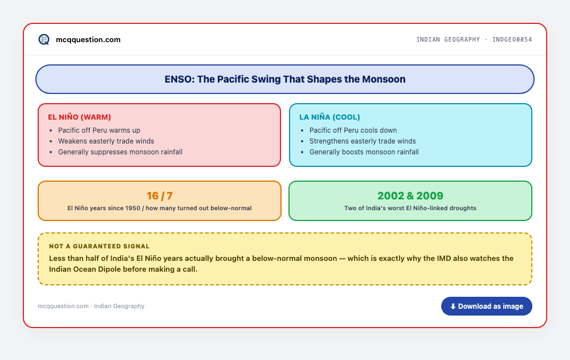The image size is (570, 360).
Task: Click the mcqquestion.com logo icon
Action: (x=44, y=39)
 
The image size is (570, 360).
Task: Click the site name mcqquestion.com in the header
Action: (x=88, y=40)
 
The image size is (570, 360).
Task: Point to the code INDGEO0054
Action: (x=512, y=39)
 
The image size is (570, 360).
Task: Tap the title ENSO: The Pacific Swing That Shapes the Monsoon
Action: (x=285, y=79)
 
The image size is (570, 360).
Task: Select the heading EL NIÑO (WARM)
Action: (x=79, y=117)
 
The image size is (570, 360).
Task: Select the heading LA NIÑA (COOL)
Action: (x=329, y=117)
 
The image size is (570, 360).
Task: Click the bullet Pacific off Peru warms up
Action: (x=99, y=130)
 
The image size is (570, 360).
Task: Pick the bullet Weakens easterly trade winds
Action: (x=106, y=141)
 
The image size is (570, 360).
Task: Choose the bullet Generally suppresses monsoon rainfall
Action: (x=120, y=152)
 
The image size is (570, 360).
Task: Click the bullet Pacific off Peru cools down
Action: (x=353, y=130)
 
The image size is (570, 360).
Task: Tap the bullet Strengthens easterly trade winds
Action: (x=363, y=141)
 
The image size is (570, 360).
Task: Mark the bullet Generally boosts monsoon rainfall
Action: (x=364, y=152)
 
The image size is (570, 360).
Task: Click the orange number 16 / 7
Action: (x=160, y=196)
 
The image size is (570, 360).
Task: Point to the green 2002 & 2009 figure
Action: (x=410, y=196)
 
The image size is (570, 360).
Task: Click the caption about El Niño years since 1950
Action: (x=159, y=208)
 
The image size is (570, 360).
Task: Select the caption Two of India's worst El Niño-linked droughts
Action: (x=410, y=208)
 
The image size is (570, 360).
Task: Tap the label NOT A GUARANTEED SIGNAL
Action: (x=99, y=246)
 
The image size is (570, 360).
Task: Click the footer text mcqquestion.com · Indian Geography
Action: (x=91, y=306)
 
